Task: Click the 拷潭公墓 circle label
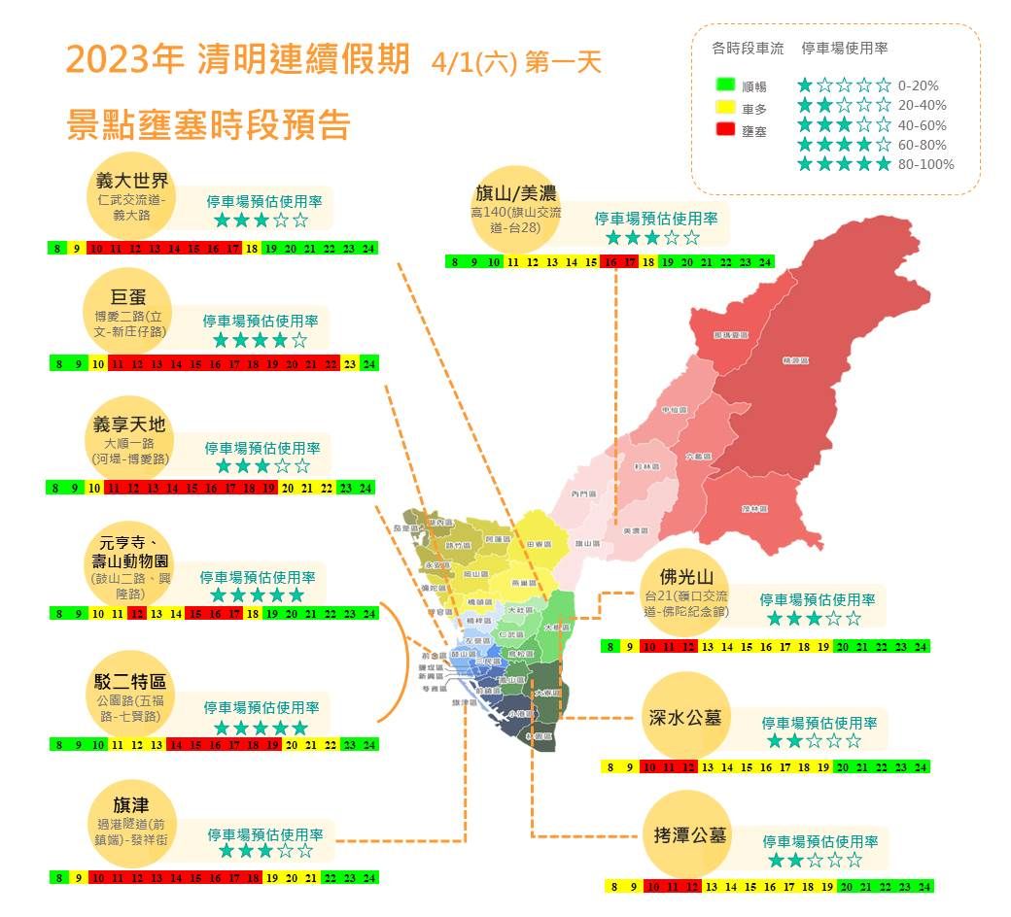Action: point(686,835)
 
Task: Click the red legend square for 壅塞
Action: point(724,129)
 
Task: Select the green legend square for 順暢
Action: point(724,85)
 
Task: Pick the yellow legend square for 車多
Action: point(724,108)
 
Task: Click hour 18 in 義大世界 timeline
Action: point(252,249)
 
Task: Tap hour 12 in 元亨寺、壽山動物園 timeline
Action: point(137,614)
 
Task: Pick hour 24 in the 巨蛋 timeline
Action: point(368,364)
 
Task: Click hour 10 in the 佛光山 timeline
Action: point(648,647)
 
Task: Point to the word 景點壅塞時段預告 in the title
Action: point(208,126)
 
